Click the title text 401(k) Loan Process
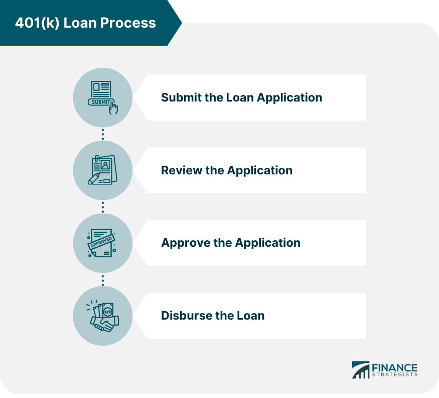pos(85,23)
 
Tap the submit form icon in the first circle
pos(103,97)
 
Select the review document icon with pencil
pos(103,170)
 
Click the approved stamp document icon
pos(103,243)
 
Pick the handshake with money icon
pos(103,316)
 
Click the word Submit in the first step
pos(181,97)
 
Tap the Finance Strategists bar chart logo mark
pos(360,370)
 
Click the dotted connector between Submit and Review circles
pos(103,134)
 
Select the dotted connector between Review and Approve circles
pos(103,207)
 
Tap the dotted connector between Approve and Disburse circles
pos(103,279)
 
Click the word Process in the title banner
pos(132,23)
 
